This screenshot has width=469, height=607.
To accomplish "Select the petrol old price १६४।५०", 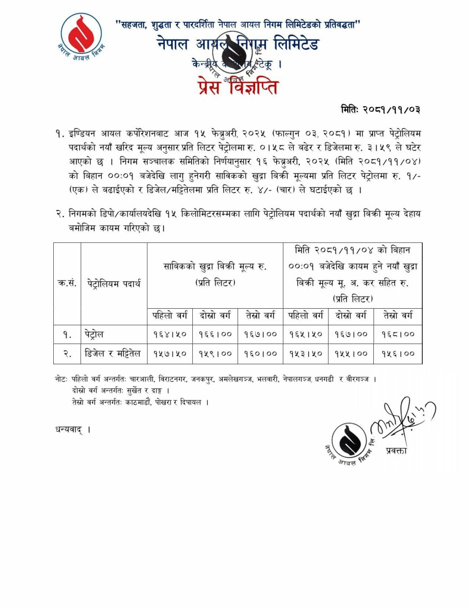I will pos(170,334).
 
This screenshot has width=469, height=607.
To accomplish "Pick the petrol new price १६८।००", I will pos(398,334).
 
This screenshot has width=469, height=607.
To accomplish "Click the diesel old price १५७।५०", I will pos(170,354).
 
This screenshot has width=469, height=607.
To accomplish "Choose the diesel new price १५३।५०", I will pos(305,354).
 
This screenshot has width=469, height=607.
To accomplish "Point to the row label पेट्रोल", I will pos(94,334).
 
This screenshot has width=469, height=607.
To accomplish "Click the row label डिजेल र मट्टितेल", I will pos(113,353).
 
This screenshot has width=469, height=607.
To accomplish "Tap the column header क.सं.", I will pos(67,283).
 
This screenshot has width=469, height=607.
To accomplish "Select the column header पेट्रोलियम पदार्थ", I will pos(114,283).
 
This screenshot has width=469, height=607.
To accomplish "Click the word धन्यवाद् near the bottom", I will pos(69,430).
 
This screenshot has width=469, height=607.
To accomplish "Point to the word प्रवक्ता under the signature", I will pos(396,451).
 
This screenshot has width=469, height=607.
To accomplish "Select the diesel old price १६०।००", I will pos(260,354).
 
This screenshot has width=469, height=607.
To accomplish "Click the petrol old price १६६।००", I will pos(215,334).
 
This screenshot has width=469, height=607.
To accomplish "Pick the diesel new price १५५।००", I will pos(351,354).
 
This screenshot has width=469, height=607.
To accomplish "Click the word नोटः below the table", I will pos(62,379).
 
